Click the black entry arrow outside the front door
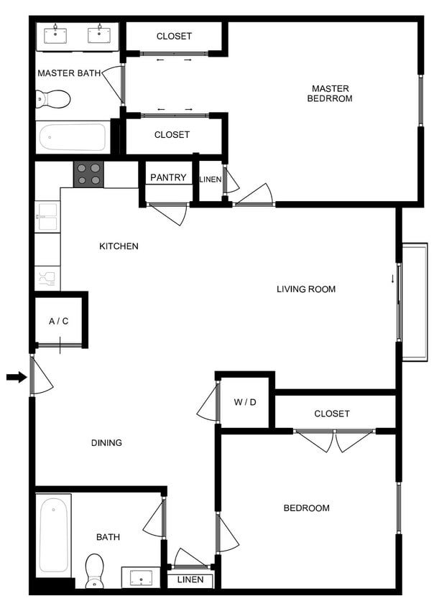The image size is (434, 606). [x=16, y=377]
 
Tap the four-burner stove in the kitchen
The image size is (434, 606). [x=88, y=174]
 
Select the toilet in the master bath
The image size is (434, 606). [x=53, y=98]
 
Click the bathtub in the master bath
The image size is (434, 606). [x=73, y=137]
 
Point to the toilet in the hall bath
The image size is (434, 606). [x=96, y=570]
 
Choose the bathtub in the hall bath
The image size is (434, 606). [x=54, y=536]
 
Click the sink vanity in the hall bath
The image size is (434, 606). [x=141, y=577]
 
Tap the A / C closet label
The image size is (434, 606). [x=58, y=321]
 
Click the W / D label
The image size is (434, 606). [x=244, y=402]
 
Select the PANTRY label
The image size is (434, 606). [x=168, y=177]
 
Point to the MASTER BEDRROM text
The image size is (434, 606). [x=330, y=93]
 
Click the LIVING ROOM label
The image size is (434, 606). [x=306, y=289]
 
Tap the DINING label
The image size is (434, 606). [x=106, y=442]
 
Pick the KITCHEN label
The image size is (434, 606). [x=119, y=246]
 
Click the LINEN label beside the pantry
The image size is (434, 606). [x=211, y=179]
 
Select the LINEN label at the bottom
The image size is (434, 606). [x=190, y=579]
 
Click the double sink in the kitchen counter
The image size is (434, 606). [x=47, y=217]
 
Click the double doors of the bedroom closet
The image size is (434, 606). [x=335, y=439]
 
